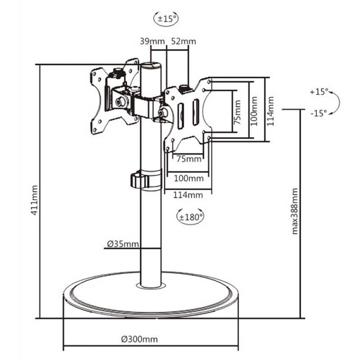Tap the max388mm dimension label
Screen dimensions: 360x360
tap(295, 211)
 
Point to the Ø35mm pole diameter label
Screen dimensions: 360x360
tap(122, 245)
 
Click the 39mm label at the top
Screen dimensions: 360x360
tap(153, 42)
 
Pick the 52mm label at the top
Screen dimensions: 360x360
tap(183, 42)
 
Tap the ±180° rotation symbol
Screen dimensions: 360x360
tap(189, 216)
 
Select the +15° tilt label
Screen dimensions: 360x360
tap(319, 92)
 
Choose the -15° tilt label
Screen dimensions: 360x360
tap(319, 113)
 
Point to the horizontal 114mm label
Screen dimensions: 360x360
tap(187, 194)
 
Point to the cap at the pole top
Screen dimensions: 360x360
tap(151, 66)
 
